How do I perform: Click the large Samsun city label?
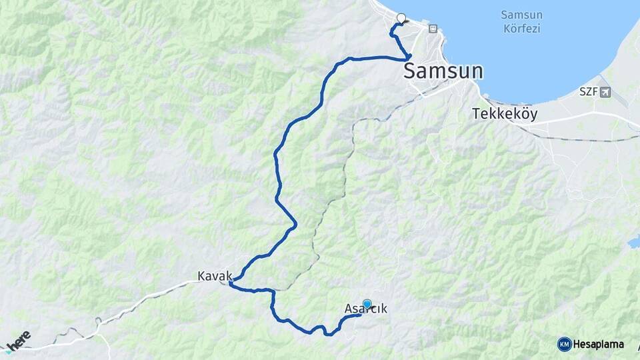(443, 71)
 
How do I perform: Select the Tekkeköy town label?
(505, 113)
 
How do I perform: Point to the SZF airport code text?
(587, 91)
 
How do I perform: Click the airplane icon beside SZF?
(605, 91)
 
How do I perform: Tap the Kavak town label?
(215, 275)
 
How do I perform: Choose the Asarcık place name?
(365, 309)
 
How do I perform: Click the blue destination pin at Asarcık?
(367, 303)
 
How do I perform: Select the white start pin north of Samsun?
(401, 18)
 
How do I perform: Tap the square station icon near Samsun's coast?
(433, 29)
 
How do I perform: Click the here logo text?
(18, 339)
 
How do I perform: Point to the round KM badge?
(564, 344)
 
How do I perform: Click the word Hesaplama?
(599, 344)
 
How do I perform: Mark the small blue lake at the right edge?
(633, 243)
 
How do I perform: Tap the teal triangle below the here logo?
(7, 350)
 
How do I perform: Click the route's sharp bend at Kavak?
(230, 284)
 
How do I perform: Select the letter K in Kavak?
(201, 275)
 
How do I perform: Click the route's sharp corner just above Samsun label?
(409, 57)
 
